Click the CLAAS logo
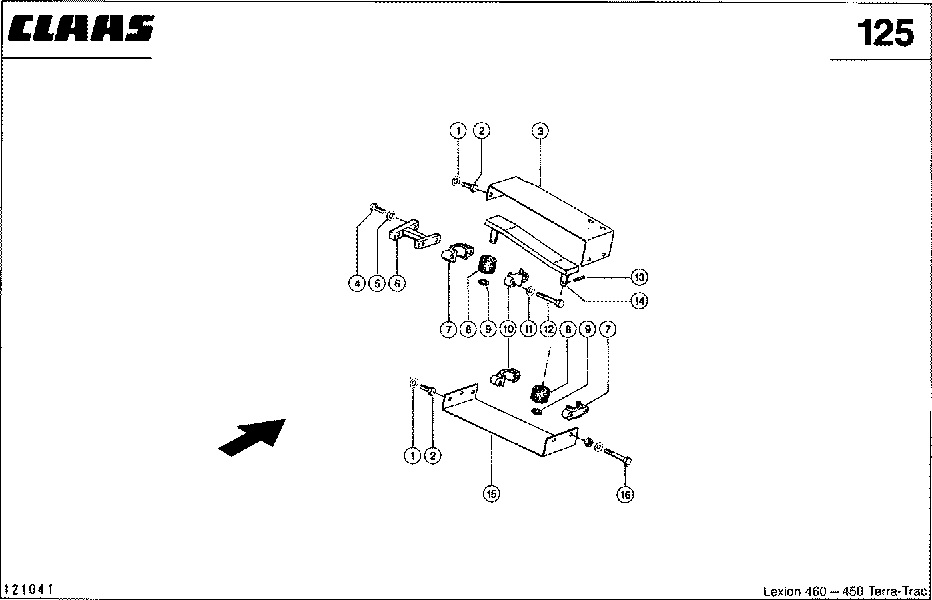pyautogui.click(x=81, y=30)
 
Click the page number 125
pyautogui.click(x=885, y=33)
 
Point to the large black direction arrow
pyautogui.click(x=252, y=437)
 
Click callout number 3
pyautogui.click(x=540, y=131)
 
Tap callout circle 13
pyautogui.click(x=639, y=277)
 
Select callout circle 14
pyautogui.click(x=639, y=301)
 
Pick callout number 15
pyautogui.click(x=492, y=493)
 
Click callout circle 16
pyautogui.click(x=626, y=494)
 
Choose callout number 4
pyautogui.click(x=357, y=284)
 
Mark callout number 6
pyautogui.click(x=396, y=284)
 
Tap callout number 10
pyautogui.click(x=508, y=329)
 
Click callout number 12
pyautogui.click(x=548, y=329)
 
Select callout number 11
pyautogui.click(x=528, y=329)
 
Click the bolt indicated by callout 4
pyautogui.click(x=376, y=209)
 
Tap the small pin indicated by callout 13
pyautogui.click(x=578, y=279)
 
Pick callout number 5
pyautogui.click(x=376, y=284)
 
